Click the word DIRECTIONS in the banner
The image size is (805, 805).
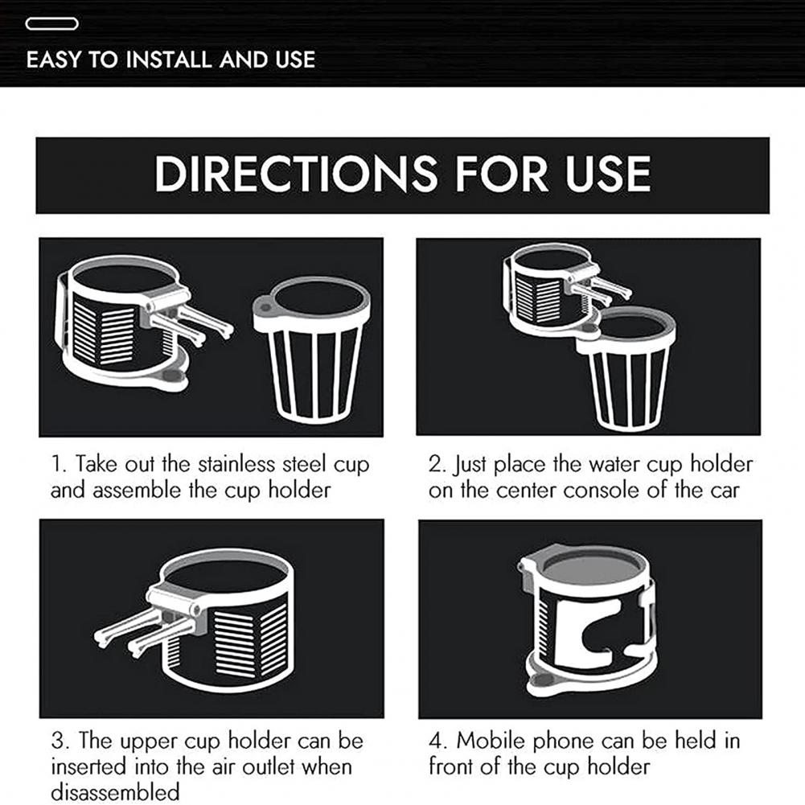(x=296, y=174)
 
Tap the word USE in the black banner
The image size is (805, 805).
(x=608, y=174)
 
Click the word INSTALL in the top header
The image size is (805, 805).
(x=170, y=60)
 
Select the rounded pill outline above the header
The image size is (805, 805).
(x=51, y=23)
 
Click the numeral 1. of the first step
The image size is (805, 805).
(x=59, y=464)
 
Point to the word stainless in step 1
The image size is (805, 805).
(x=236, y=464)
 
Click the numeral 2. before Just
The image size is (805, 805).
(x=437, y=464)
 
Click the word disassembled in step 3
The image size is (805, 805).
(x=116, y=791)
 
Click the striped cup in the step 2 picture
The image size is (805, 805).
(x=626, y=368)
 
